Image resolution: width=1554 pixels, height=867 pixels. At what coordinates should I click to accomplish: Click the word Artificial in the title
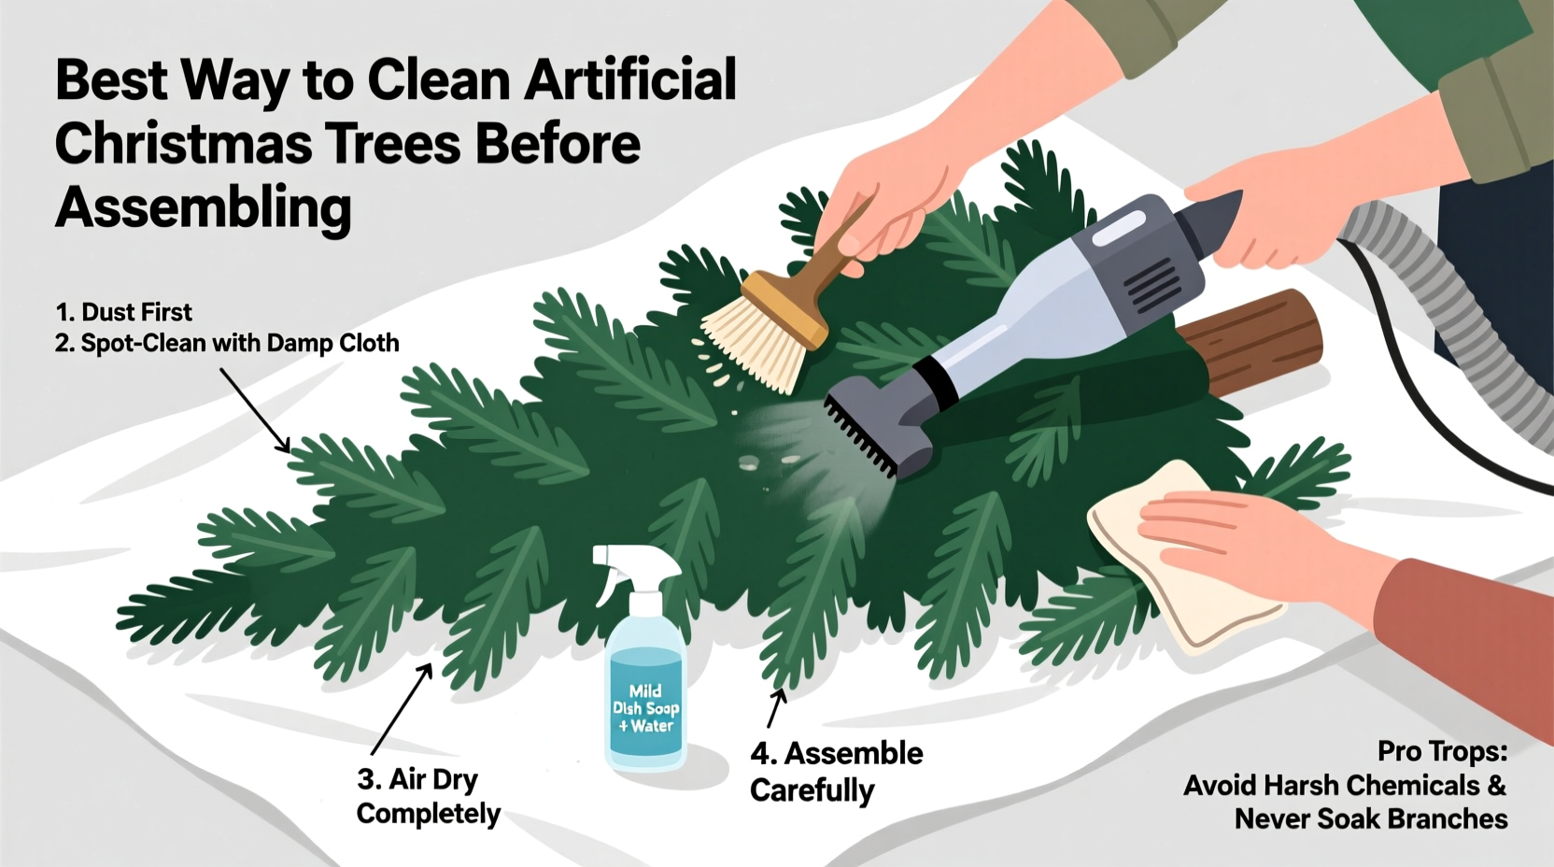[630, 80]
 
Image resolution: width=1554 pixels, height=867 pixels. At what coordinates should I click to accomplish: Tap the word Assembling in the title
[203, 207]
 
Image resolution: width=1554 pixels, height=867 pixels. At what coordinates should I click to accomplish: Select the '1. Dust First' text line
[123, 312]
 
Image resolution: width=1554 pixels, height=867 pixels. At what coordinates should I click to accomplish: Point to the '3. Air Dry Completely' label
[428, 796]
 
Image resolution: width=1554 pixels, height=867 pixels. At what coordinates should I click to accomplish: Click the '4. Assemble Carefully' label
[835, 772]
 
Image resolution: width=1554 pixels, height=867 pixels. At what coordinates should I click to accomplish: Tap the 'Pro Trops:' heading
[1442, 751]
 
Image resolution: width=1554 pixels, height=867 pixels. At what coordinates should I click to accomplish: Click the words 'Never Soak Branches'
[1370, 819]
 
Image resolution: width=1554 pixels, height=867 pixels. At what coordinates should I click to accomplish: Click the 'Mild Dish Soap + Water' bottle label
[645, 708]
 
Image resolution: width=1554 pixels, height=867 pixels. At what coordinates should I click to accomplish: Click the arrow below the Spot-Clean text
[255, 409]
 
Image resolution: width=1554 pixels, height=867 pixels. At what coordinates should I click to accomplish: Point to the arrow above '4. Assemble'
[776, 707]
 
